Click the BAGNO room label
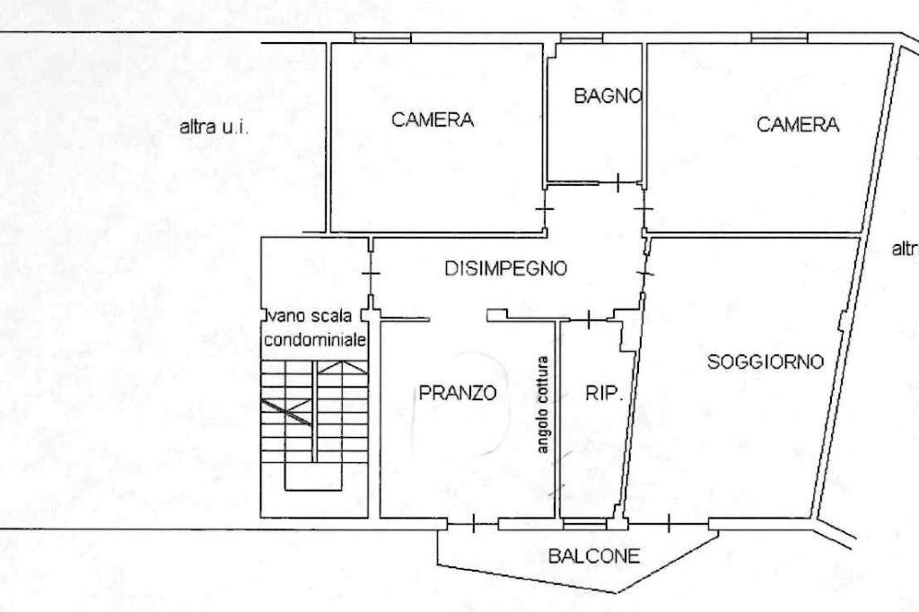(608, 96)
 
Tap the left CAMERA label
(433, 119)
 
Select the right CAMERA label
(798, 125)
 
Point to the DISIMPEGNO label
(506, 268)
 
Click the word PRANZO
(458, 392)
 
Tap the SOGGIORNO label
(766, 363)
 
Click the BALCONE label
(594, 556)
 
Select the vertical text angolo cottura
(543, 403)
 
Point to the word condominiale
(314, 341)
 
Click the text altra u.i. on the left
(214, 127)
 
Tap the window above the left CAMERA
(382, 39)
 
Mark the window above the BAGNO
(581, 39)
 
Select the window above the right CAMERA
(779, 39)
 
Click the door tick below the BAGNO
(618, 183)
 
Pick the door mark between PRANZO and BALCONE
(473, 525)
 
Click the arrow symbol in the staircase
(332, 365)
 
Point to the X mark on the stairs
(286, 412)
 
